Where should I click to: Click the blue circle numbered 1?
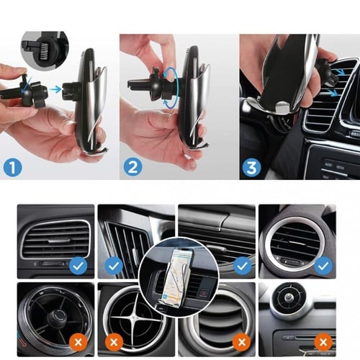[13, 167]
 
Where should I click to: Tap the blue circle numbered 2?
[132, 167]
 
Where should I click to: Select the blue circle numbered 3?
[251, 167]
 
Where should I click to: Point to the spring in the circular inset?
[43, 52]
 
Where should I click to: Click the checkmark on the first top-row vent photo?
[78, 266]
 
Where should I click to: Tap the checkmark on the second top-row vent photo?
[114, 266]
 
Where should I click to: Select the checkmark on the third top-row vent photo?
[242, 266]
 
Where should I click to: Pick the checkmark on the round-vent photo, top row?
[323, 266]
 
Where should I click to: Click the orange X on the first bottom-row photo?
[78, 342]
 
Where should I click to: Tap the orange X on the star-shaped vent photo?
[114, 342]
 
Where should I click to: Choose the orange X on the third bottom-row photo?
[242, 342]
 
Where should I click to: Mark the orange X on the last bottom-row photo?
[323, 342]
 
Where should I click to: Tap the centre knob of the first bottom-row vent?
[57, 318]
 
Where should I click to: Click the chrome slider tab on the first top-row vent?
[59, 240]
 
